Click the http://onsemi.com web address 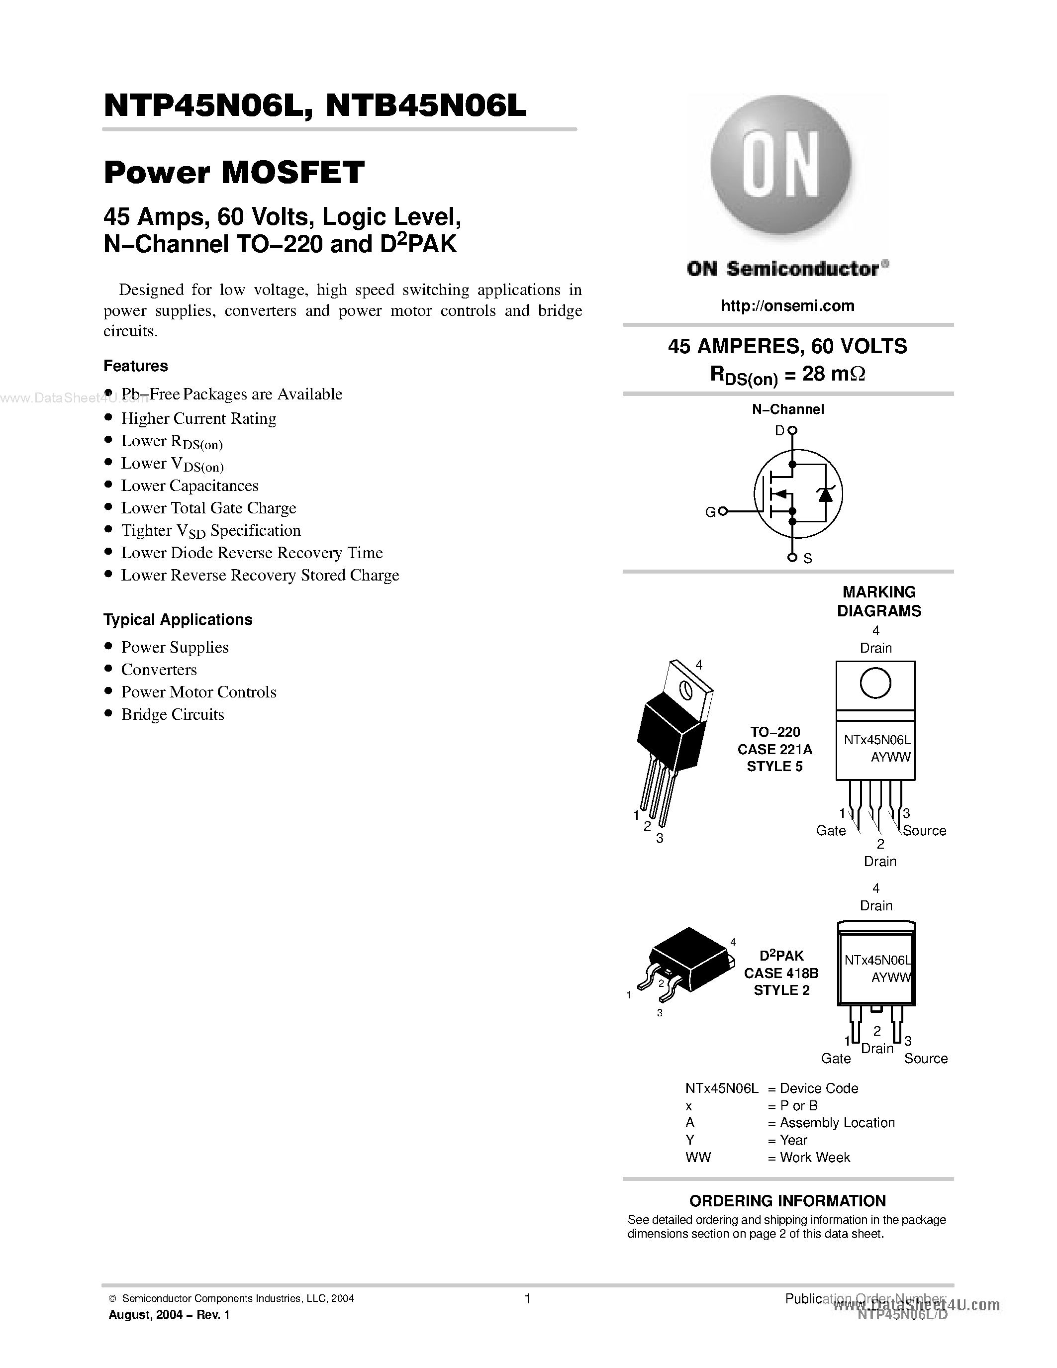point(787,305)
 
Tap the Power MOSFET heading point(234,172)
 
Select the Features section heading point(135,366)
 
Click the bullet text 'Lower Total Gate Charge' point(208,508)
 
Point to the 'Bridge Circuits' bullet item point(172,715)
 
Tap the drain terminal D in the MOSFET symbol point(792,430)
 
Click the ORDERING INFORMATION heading point(787,1201)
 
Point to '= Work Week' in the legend point(808,1158)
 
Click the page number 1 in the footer point(527,1298)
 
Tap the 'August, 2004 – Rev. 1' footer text point(169,1315)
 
